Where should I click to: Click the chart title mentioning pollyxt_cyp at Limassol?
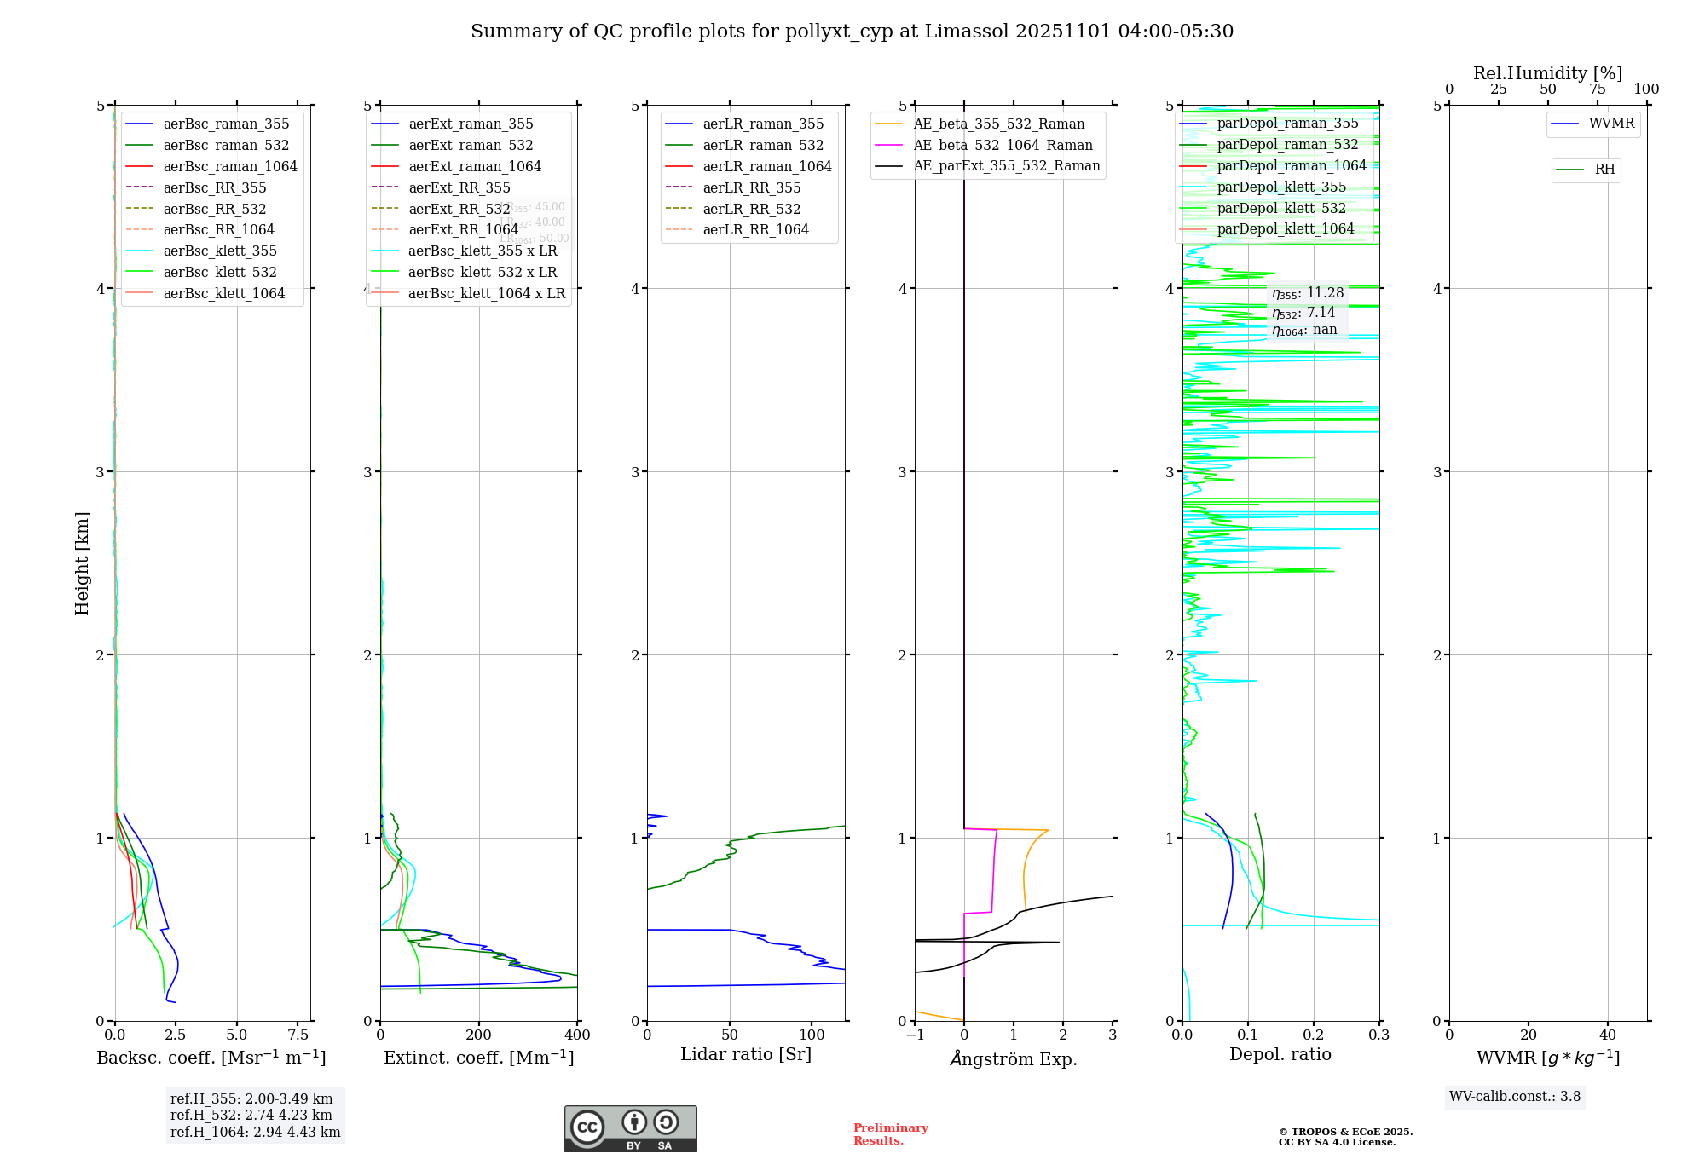pyautogui.click(x=852, y=32)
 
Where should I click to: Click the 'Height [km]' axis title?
pyautogui.click(x=82, y=562)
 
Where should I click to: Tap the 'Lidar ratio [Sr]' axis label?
pyautogui.click(x=746, y=1054)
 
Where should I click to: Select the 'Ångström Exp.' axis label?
pyautogui.click(x=1014, y=1058)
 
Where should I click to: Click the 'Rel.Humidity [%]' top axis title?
pyautogui.click(x=1547, y=73)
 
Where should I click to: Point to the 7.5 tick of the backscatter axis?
pyautogui.click(x=298, y=1035)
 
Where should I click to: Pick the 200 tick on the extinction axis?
pyautogui.click(x=479, y=1035)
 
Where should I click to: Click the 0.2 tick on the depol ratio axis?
pyautogui.click(x=1314, y=1035)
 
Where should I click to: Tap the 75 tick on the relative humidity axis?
pyautogui.click(x=1598, y=89)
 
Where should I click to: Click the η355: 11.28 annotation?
pyautogui.click(x=1308, y=293)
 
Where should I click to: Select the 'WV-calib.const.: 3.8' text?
pyautogui.click(x=1515, y=1097)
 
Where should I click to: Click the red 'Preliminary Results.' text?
pyautogui.click(x=890, y=1134)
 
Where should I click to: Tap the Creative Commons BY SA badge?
pyautogui.click(x=630, y=1129)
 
